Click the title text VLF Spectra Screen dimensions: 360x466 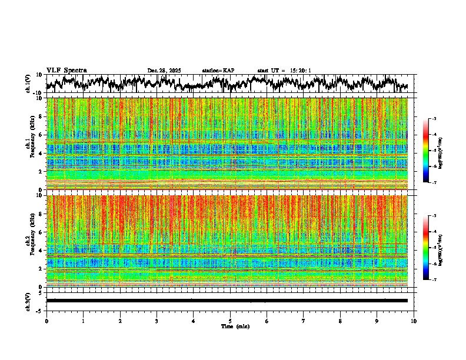(x=66, y=71)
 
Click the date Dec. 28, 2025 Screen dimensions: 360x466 (x=164, y=71)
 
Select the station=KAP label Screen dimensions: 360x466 (x=218, y=71)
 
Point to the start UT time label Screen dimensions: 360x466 (x=284, y=71)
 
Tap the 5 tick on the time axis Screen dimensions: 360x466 (x=230, y=321)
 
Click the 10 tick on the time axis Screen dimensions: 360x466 (x=414, y=321)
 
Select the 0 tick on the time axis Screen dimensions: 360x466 (x=46, y=321)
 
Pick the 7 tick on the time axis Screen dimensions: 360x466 (x=304, y=321)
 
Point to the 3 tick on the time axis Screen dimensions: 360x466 (x=157, y=321)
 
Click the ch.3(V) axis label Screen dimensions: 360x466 (x=28, y=301)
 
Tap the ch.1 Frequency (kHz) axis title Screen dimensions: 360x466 (x=30, y=143)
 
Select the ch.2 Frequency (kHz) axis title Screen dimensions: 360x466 (x=30, y=241)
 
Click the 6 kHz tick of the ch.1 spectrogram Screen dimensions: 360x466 (x=42, y=135)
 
